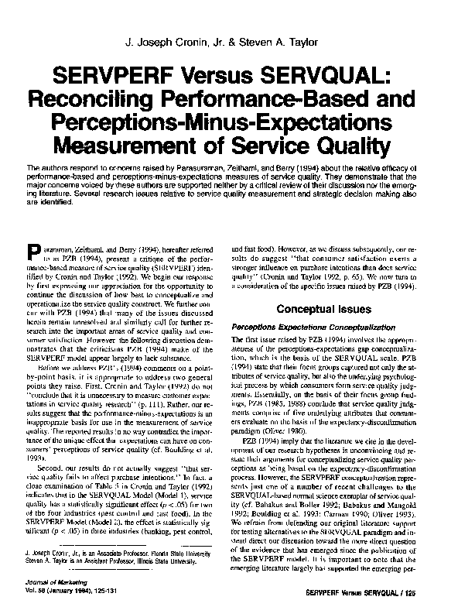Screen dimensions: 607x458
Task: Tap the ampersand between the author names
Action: point(234,42)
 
